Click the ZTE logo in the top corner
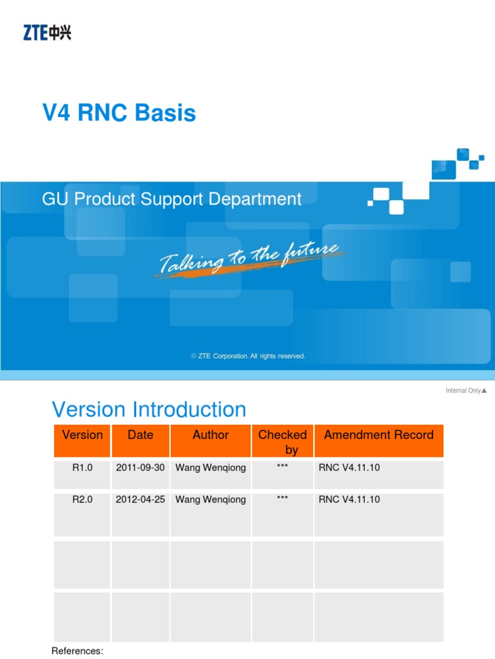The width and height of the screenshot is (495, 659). (x=47, y=32)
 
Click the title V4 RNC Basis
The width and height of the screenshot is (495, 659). (x=119, y=113)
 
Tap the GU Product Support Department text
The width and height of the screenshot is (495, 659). (x=171, y=199)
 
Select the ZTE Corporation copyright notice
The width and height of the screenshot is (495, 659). (x=247, y=356)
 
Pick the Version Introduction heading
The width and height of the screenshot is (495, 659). (x=148, y=409)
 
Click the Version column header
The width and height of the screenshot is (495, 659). (x=82, y=435)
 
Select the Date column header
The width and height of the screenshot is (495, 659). (x=141, y=435)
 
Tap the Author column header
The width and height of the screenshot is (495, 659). (x=210, y=435)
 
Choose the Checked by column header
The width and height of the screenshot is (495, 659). (x=282, y=441)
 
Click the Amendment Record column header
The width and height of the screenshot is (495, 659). (x=378, y=435)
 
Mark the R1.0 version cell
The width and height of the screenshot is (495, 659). (x=82, y=468)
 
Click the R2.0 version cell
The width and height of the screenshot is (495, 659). (x=82, y=499)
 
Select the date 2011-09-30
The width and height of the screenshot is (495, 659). (x=141, y=468)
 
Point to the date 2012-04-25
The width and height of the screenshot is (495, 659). (x=141, y=499)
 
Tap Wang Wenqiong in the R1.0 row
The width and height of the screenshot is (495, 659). (x=210, y=468)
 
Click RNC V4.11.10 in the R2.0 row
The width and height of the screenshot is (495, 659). (x=349, y=499)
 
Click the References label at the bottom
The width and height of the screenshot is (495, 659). (x=77, y=651)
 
